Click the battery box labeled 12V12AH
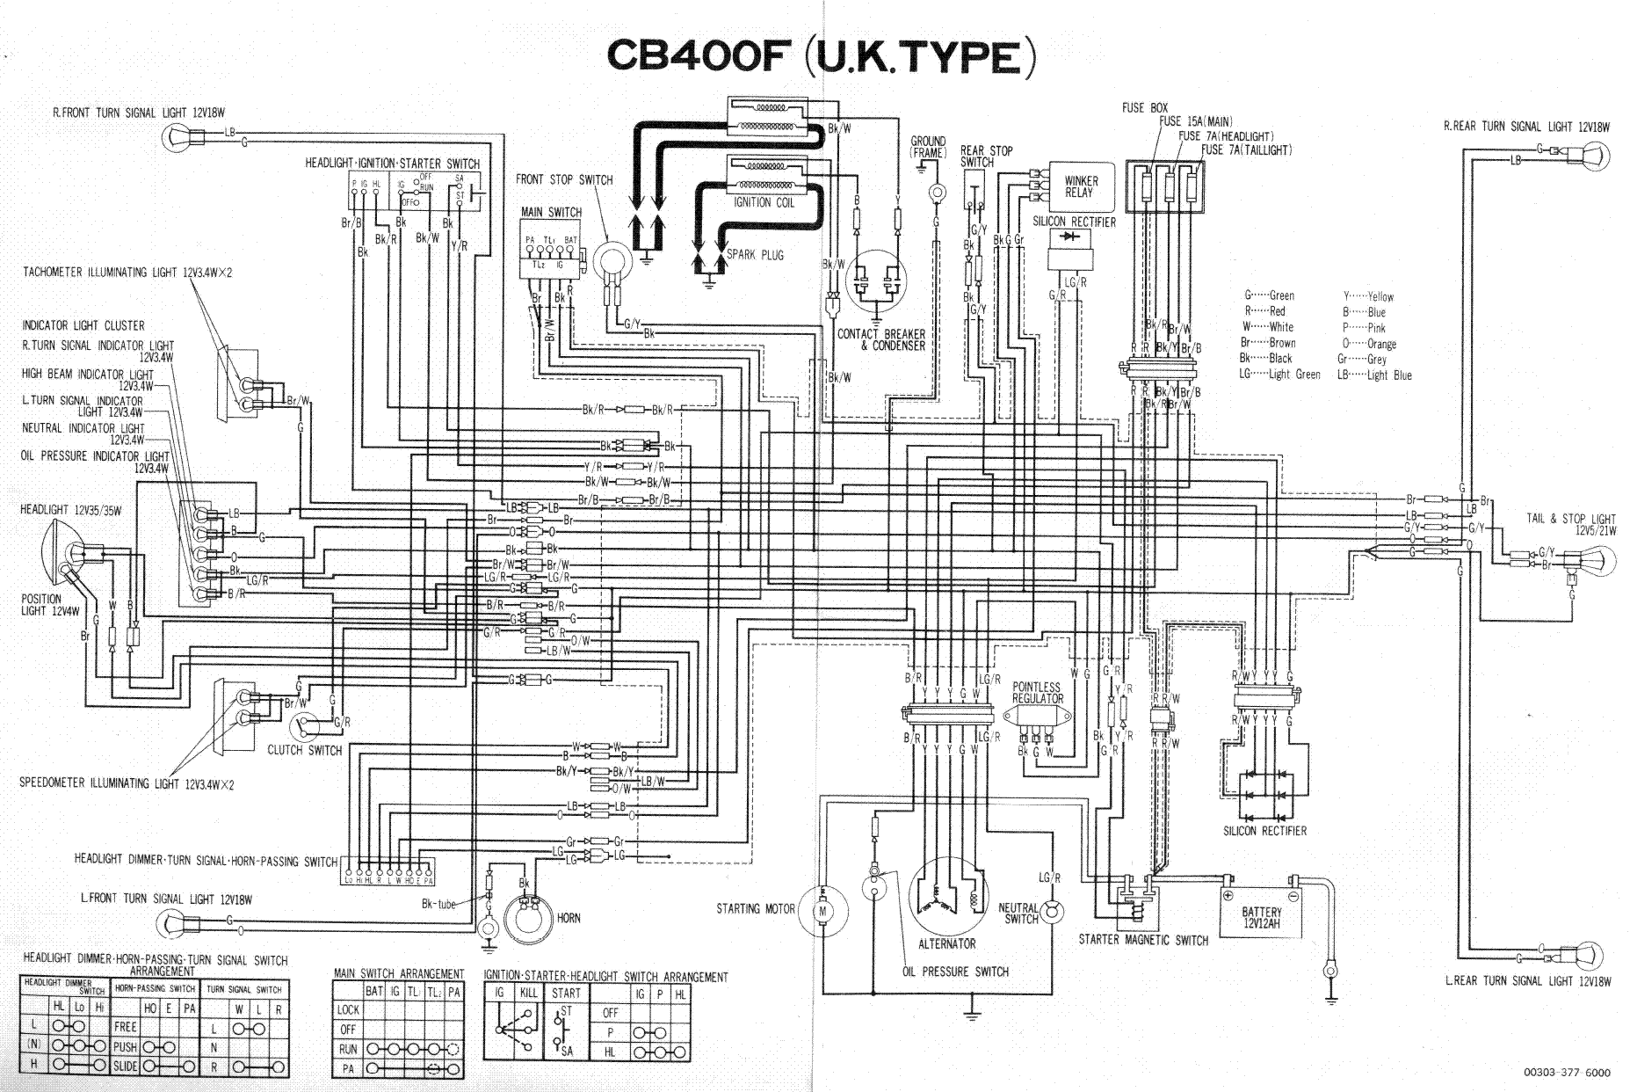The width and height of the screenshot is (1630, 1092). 1261,917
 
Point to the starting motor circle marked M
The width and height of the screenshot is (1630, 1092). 823,912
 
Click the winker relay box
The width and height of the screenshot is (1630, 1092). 1080,186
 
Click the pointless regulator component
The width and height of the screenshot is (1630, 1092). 1037,729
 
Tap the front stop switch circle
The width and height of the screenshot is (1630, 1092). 612,261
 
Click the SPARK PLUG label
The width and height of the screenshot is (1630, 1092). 755,255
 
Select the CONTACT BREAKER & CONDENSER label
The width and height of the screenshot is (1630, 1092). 880,340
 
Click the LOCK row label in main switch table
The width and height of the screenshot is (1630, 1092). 348,1010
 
